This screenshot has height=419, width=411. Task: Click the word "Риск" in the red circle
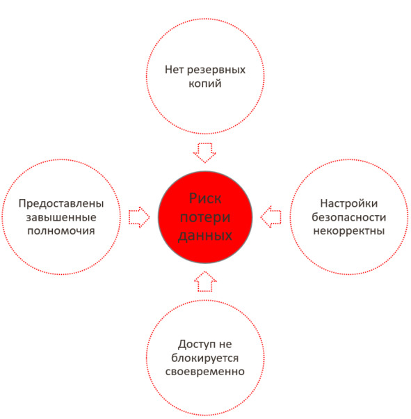205,199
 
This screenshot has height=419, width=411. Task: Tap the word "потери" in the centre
205,218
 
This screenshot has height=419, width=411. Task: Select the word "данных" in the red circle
205,236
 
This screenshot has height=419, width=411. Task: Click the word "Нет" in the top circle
174,70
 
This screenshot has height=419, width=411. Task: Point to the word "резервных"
216,70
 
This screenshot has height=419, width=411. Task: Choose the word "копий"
205,84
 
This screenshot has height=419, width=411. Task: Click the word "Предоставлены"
61,204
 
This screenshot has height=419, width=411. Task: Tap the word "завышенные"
61,218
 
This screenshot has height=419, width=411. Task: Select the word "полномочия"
61,231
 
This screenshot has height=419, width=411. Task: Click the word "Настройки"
349,203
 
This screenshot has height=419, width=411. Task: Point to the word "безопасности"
349,217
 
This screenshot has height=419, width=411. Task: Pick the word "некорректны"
349,231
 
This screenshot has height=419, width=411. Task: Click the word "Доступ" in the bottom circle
194,345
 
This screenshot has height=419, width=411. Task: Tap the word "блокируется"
205,358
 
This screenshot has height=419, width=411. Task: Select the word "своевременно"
205,372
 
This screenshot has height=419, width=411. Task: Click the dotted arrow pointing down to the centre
204,153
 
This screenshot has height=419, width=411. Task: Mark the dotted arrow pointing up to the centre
205,281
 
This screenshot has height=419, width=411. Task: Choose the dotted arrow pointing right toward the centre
139,217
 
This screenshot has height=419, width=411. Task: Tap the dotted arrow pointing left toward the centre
271,216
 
